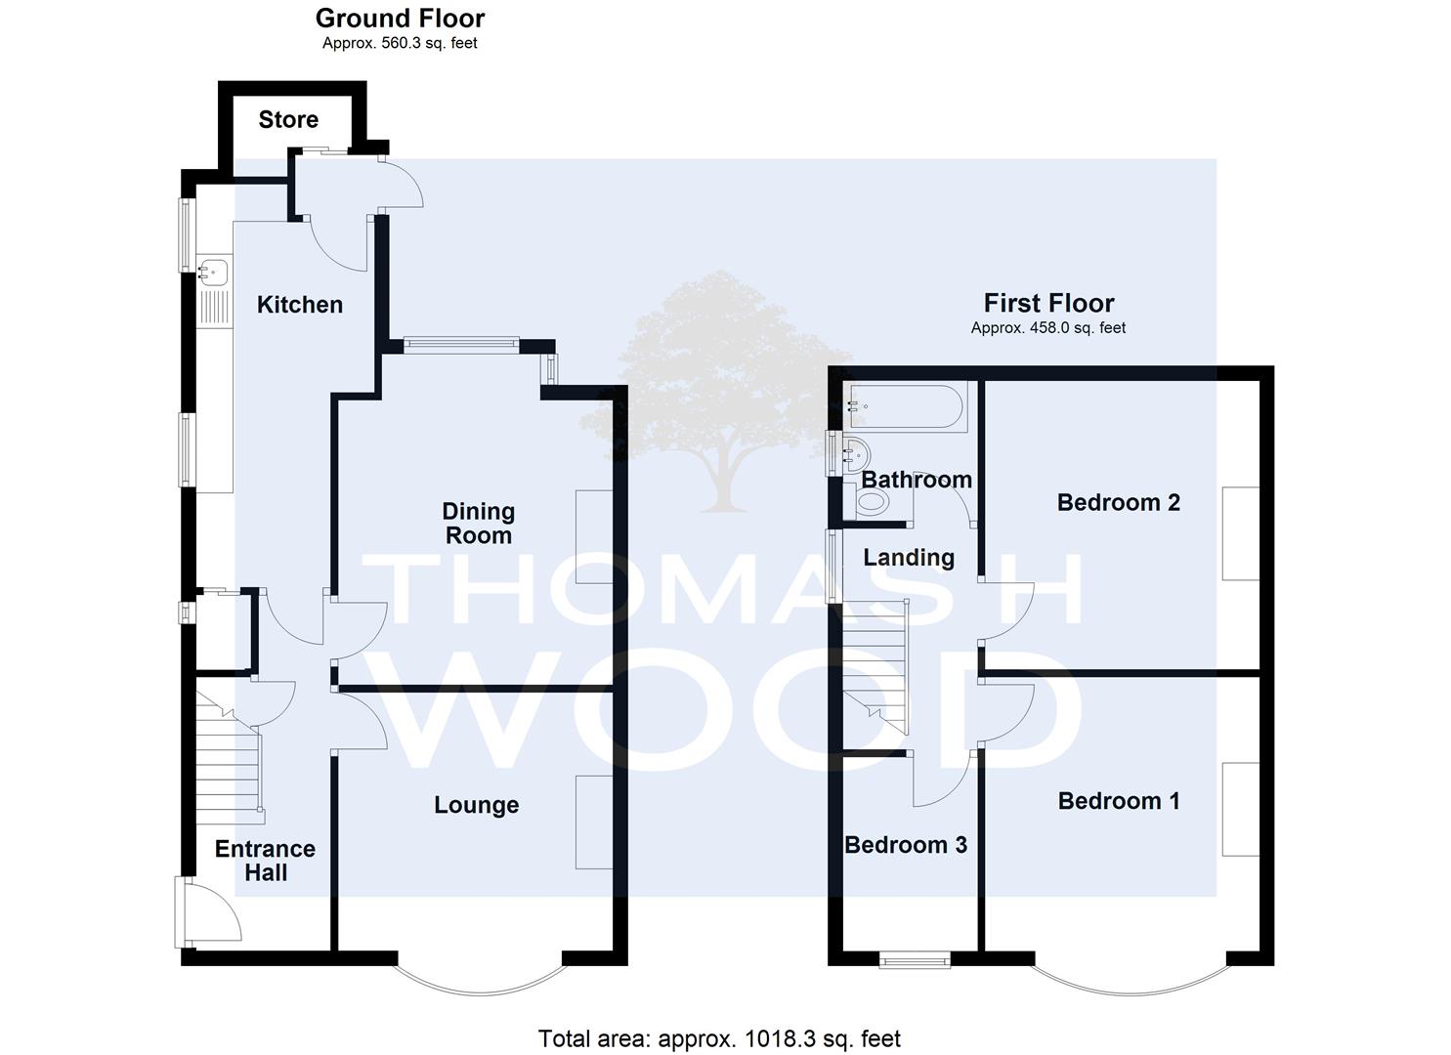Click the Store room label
click(x=288, y=120)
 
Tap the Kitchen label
click(x=300, y=305)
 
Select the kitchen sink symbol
click(x=213, y=273)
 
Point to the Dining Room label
click(x=479, y=524)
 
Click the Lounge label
click(x=477, y=805)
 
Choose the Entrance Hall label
click(x=266, y=861)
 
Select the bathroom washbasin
click(x=856, y=456)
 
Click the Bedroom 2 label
click(x=1119, y=502)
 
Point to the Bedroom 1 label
click(x=1119, y=801)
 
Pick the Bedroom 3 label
click(x=906, y=845)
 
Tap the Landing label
click(x=909, y=558)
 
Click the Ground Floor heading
click(x=401, y=19)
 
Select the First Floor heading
click(x=1048, y=303)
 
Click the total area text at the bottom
click(x=719, y=1038)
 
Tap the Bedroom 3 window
click(x=915, y=960)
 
